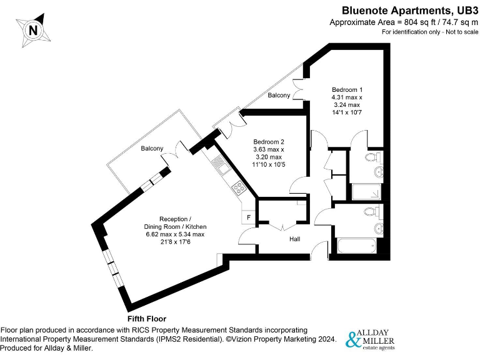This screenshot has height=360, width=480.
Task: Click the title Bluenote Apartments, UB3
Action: (x=404, y=10)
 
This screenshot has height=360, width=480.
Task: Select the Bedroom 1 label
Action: (x=347, y=89)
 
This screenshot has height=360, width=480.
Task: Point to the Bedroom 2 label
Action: (x=269, y=141)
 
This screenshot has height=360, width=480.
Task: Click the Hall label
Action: (x=295, y=239)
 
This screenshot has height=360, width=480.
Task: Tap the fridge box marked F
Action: (x=249, y=217)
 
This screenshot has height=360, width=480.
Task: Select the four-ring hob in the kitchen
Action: (x=239, y=187)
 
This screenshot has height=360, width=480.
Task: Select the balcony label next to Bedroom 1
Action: (x=279, y=96)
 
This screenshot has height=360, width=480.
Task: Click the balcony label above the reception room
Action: (x=152, y=148)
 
